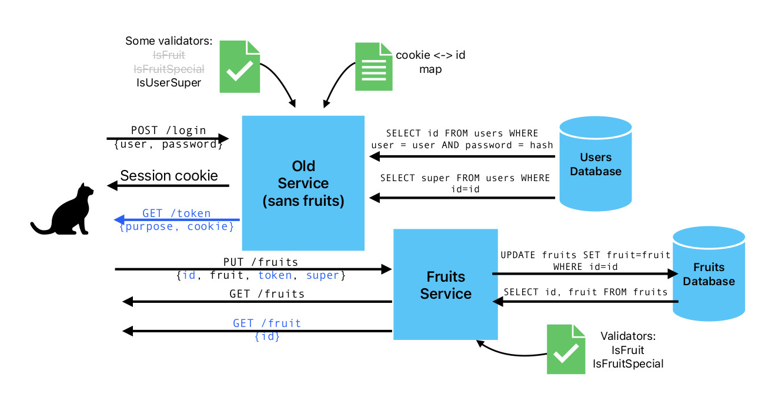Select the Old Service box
pyautogui.click(x=303, y=182)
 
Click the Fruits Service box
pyautogui.click(x=445, y=285)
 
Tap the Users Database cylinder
pyautogui.click(x=595, y=163)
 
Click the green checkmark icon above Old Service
pyautogui.click(x=239, y=66)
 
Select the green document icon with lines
pyautogui.click(x=373, y=66)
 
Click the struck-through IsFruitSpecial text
pyautogui.click(x=169, y=69)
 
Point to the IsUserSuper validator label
pyautogui.click(x=169, y=83)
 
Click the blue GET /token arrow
pyautogui.click(x=176, y=220)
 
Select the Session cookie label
pyautogui.click(x=169, y=176)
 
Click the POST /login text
pyautogui.click(x=168, y=130)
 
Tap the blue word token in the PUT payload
pyautogui.click(x=275, y=275)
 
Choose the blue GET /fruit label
pyautogui.click(x=266, y=323)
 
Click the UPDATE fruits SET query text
pyautogui.click(x=585, y=255)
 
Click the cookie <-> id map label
pyautogui.click(x=430, y=62)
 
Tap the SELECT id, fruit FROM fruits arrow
pyautogui.click(x=585, y=302)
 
